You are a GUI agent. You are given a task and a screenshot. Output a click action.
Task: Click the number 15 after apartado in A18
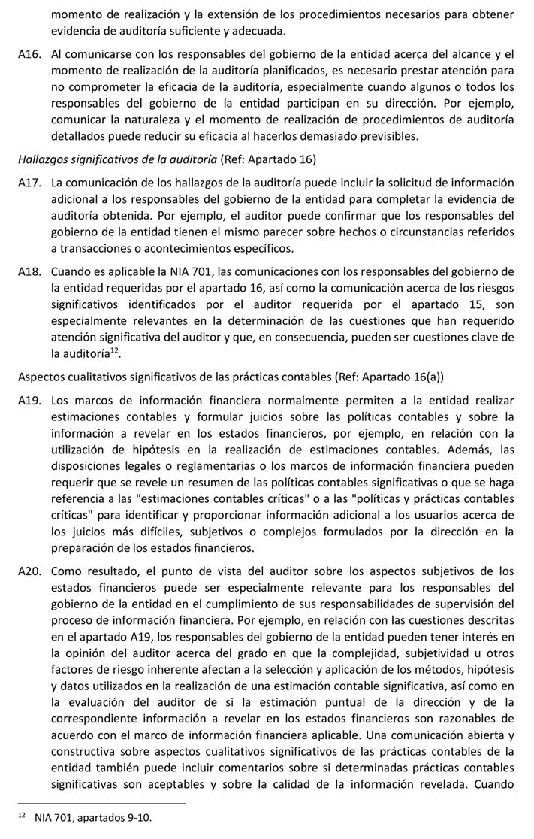(x=465, y=304)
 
